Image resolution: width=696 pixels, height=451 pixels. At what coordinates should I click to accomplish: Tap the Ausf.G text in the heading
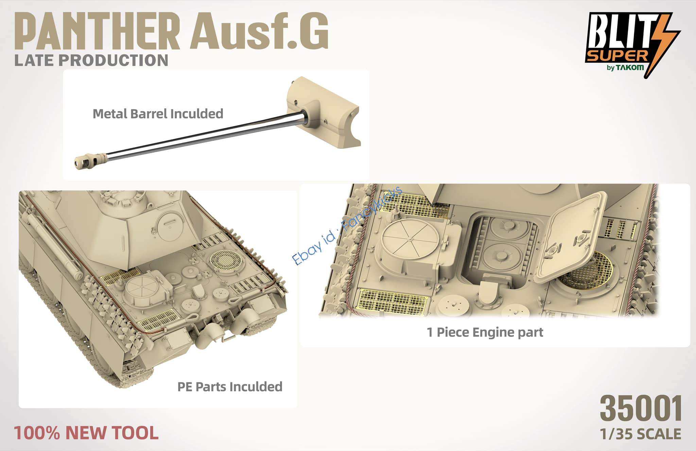[x=259, y=31]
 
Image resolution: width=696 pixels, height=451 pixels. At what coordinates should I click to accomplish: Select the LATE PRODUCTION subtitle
[x=91, y=60]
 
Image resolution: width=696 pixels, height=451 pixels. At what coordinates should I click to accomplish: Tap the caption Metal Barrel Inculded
[x=158, y=114]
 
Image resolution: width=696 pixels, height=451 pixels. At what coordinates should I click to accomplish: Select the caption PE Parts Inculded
[x=230, y=387]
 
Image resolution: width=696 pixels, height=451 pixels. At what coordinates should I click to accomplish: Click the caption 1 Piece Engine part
[x=485, y=332]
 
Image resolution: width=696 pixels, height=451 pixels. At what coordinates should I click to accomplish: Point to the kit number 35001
[x=641, y=409]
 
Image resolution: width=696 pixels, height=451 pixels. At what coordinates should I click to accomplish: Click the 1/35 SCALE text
[x=640, y=434]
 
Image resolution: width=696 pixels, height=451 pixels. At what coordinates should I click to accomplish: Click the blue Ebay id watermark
[x=347, y=225]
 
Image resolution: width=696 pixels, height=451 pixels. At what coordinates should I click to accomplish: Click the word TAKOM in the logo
[x=630, y=67]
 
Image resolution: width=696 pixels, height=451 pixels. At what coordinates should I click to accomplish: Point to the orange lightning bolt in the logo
[x=663, y=44]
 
